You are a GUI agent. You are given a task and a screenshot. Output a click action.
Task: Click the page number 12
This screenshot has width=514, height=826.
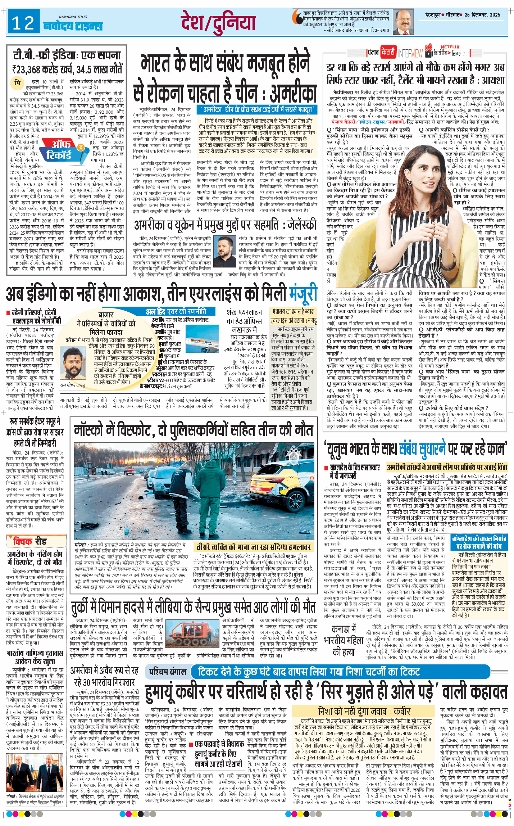pyautogui.click(x=23, y=23)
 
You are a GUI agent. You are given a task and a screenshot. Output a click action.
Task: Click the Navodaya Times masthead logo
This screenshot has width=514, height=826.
pyautogui.click(x=73, y=25)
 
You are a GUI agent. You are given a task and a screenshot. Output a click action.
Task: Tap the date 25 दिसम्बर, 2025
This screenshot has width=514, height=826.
pyautogui.click(x=482, y=15)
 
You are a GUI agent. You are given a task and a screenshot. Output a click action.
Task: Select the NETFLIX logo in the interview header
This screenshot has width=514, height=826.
pyautogui.click(x=450, y=47)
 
